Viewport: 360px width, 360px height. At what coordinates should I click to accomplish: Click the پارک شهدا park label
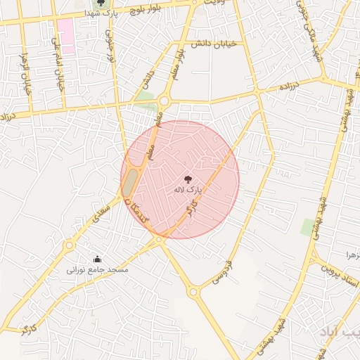(98, 13)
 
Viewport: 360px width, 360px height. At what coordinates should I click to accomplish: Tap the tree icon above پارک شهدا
(101, 3)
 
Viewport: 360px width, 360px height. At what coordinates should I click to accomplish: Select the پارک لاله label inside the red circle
(188, 190)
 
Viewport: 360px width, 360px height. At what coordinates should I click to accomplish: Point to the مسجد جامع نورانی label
(92, 269)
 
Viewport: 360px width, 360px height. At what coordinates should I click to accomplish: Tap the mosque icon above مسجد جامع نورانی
(96, 258)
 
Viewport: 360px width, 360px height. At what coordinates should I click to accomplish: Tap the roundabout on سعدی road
(69, 245)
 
